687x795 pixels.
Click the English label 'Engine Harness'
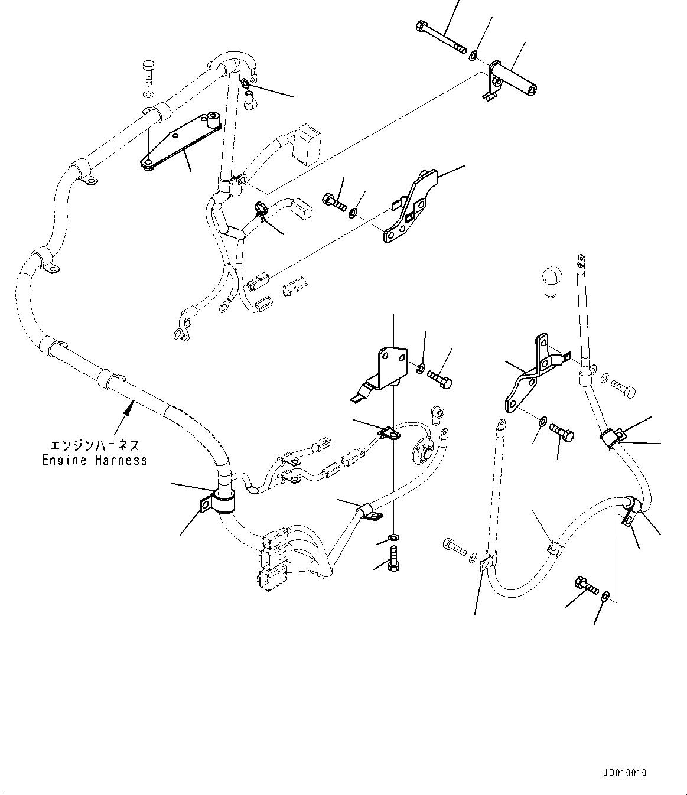[95, 460]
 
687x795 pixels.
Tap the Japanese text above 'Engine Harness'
[95, 445]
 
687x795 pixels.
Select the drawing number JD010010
[626, 773]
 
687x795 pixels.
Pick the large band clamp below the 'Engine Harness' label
[223, 502]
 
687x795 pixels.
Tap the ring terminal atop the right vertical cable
[580, 259]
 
